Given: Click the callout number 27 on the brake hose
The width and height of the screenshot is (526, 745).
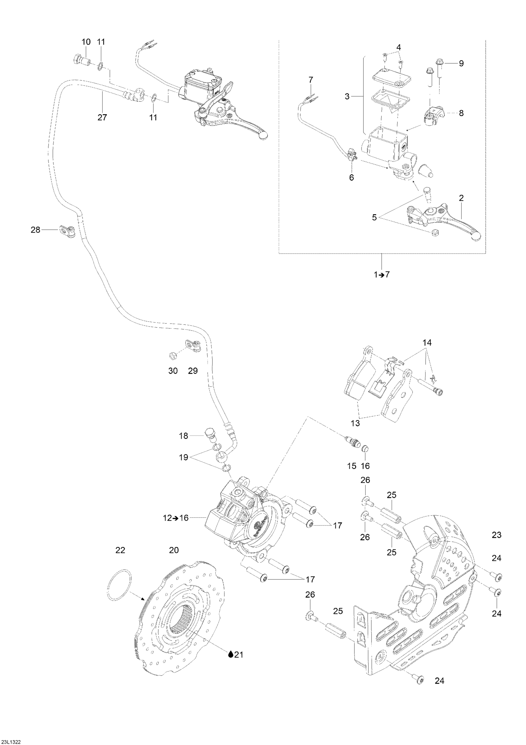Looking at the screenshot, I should tap(102, 117).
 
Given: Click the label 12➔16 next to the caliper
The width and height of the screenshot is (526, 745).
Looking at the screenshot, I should tap(175, 518).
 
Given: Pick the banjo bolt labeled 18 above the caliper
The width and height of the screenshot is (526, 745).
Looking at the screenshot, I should tap(210, 435).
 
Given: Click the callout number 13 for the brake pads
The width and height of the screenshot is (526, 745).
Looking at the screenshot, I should tap(355, 423).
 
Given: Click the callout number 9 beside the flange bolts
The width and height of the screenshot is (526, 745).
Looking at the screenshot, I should tap(461, 63).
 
